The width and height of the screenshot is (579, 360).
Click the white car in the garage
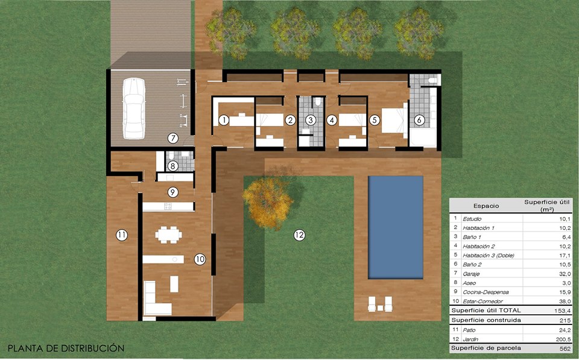(x=134, y=108)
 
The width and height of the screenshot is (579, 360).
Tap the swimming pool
(x=396, y=227)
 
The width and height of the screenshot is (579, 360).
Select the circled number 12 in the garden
(x=299, y=235)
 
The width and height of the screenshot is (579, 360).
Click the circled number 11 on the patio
(x=121, y=235)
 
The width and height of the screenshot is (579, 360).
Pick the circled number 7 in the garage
(x=173, y=138)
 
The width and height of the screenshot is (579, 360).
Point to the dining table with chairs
(x=168, y=235)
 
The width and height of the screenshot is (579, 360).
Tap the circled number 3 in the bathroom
(x=311, y=119)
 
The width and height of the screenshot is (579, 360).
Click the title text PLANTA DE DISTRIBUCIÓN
(x=66, y=348)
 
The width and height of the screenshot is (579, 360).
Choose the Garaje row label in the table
(x=471, y=274)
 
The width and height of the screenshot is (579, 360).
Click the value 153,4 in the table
(x=562, y=311)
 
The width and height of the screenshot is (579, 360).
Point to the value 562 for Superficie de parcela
(x=565, y=348)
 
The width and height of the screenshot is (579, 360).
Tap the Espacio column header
(x=486, y=206)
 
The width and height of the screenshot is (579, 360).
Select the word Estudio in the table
(x=472, y=219)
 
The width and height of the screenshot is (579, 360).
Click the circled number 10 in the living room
(x=200, y=259)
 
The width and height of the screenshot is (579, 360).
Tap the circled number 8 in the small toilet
(x=173, y=166)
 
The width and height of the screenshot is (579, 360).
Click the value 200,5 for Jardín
(x=563, y=339)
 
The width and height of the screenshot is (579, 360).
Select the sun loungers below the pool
(x=380, y=304)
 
